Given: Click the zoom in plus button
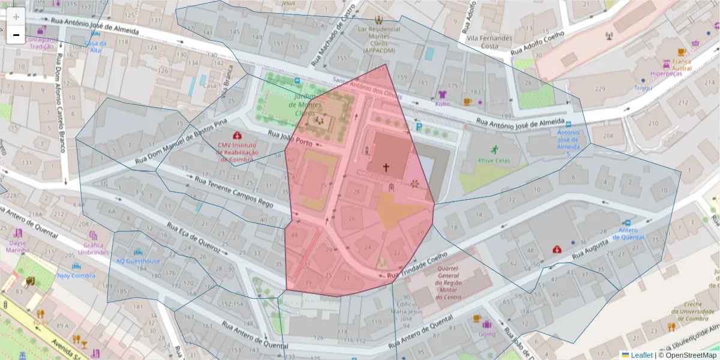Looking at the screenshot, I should (x=16, y=17).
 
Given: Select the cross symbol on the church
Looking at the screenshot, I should (x=386, y=167).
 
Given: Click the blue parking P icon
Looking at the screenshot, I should (x=419, y=127).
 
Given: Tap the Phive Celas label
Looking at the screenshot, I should (x=493, y=160).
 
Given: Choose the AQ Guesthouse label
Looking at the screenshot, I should (x=138, y=261).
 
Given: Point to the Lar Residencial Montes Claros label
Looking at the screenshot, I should (x=379, y=40).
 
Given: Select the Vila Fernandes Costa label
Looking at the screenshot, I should (x=490, y=42).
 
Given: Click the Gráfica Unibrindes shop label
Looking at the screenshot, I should (x=92, y=248).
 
